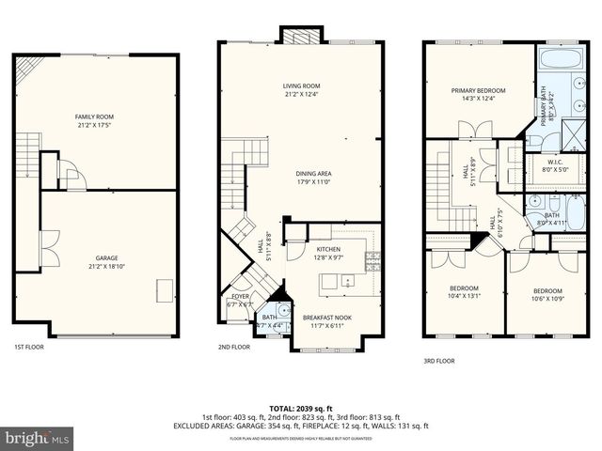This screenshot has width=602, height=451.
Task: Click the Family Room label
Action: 96,117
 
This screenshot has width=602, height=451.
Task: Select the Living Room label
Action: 302,86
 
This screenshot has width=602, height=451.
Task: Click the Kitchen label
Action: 328,248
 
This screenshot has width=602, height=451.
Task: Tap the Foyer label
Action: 240,297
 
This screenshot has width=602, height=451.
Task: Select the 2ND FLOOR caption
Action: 234,347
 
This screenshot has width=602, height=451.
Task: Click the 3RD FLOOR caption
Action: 439,360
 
